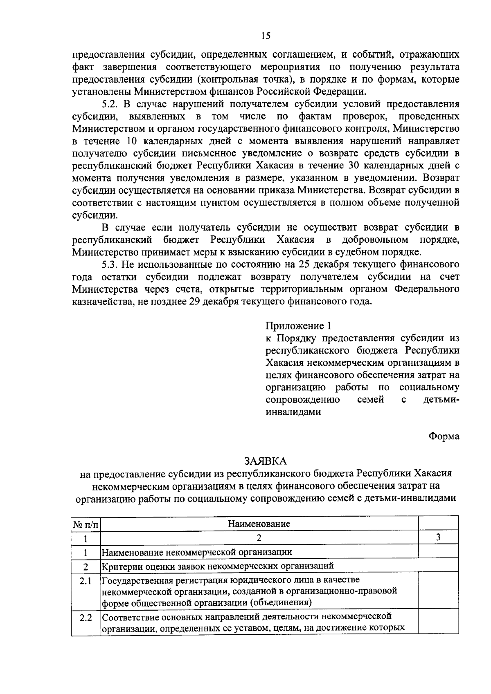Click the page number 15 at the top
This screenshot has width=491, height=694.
266,36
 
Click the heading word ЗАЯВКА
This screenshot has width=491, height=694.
266,461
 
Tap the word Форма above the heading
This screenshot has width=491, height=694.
444,437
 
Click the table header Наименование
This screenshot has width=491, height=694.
259,524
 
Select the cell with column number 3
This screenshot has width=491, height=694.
438,538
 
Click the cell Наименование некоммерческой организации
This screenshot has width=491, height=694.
197,552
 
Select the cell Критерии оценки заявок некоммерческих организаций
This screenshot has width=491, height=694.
217,566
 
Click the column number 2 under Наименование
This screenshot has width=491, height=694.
259,538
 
